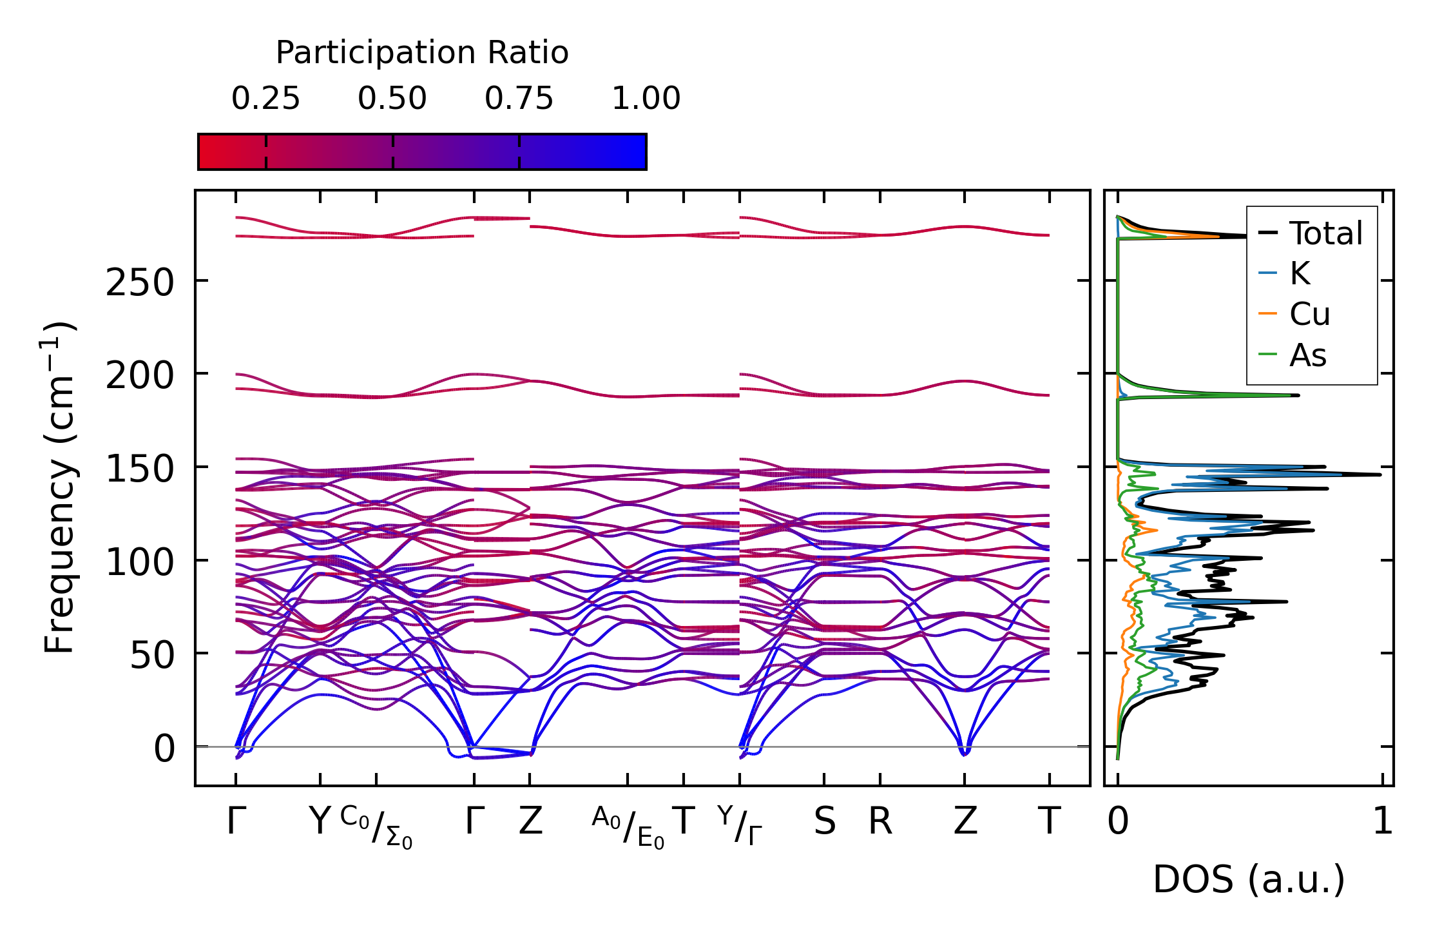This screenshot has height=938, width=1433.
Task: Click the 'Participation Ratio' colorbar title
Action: (422, 53)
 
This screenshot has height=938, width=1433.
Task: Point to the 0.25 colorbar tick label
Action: (265, 99)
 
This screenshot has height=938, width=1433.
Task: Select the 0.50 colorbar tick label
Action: (392, 99)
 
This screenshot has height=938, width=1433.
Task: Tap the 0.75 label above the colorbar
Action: (519, 99)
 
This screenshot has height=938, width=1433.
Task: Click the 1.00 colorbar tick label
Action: (646, 99)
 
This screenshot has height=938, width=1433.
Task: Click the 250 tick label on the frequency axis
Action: (140, 282)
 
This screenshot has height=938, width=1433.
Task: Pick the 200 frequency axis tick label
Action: (140, 375)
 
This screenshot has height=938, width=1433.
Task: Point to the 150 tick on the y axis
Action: (140, 469)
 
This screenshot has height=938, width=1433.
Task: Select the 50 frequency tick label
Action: (152, 655)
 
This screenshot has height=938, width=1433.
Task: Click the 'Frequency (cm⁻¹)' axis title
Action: (59, 487)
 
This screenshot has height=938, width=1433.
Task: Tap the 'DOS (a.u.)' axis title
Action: (1249, 879)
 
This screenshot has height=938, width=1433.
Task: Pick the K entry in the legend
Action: (1300, 274)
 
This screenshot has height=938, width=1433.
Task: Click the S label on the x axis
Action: (825, 822)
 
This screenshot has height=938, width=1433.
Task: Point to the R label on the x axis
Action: (880, 822)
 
